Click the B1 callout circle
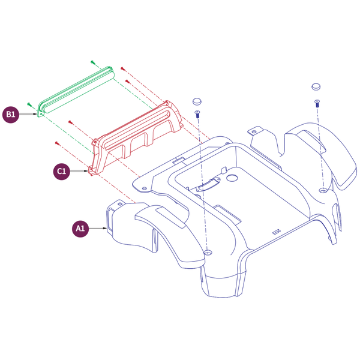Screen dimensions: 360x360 [11, 114]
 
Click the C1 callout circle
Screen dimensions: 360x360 [62, 171]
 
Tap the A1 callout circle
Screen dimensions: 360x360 [80, 229]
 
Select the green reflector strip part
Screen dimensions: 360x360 [76, 92]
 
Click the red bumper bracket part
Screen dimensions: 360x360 [136, 138]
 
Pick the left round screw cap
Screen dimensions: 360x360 [197, 101]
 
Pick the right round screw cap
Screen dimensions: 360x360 [316, 86]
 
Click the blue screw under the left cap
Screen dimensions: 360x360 [197, 114]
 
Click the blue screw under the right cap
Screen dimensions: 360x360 [317, 103]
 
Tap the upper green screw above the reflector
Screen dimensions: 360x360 [92, 62]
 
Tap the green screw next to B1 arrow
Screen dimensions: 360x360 [29, 104]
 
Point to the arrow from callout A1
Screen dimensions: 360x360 [98, 229]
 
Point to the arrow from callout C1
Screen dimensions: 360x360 [79, 171]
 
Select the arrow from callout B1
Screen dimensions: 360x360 [28, 114]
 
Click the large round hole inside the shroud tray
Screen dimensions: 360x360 [232, 178]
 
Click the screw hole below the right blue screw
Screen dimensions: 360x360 [323, 190]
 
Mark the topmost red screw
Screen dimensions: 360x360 [122, 68]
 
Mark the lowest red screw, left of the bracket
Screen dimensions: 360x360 [57, 143]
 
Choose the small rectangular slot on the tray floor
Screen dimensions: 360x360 [277, 232]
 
